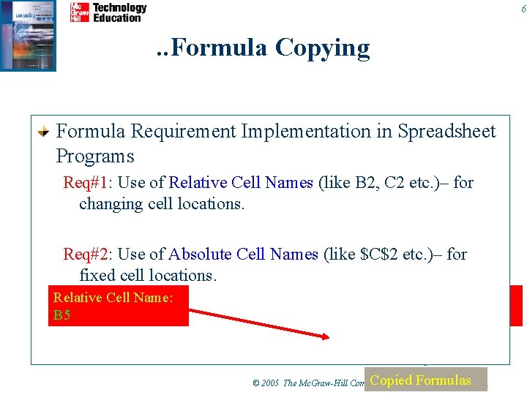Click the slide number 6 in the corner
tap(522, 9)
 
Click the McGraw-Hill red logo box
tap(79, 12)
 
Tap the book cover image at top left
tap(28, 35)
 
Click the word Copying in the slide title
tap(322, 48)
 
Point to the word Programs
tap(95, 156)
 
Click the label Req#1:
tap(87, 183)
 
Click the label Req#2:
tap(87, 255)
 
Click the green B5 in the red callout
tap(61, 316)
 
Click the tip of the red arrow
tap(328, 337)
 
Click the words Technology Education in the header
tap(119, 12)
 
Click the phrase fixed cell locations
tap(146, 276)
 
